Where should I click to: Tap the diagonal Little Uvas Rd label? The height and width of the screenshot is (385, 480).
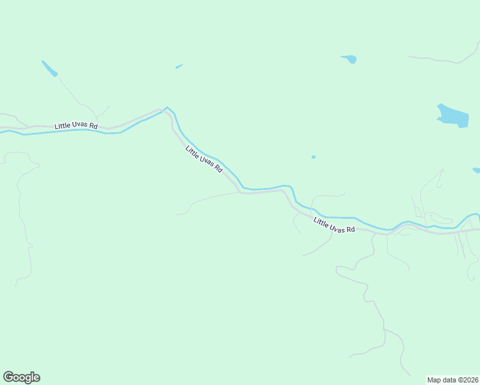pyautogui.click(x=203, y=159)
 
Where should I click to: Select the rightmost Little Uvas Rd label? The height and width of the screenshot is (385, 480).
pyautogui.click(x=334, y=225)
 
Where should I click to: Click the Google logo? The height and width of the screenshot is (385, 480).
pyautogui.click(x=21, y=377)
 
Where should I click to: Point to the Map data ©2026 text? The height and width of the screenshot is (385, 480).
pyautogui.click(x=452, y=379)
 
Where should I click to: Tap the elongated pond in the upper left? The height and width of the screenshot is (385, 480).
pyautogui.click(x=49, y=69)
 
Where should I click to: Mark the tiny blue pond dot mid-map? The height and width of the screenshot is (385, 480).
pyautogui.click(x=313, y=157)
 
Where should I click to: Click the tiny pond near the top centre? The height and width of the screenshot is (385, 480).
pyautogui.click(x=179, y=66)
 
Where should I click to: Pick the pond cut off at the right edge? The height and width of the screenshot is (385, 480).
pyautogui.click(x=476, y=171)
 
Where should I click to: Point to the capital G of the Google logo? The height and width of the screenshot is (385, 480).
pyautogui.click(x=8, y=377)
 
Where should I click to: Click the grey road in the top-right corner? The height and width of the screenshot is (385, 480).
pyautogui.click(x=443, y=60)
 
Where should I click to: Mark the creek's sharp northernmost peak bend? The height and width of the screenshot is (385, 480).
pyautogui.click(x=167, y=107)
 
